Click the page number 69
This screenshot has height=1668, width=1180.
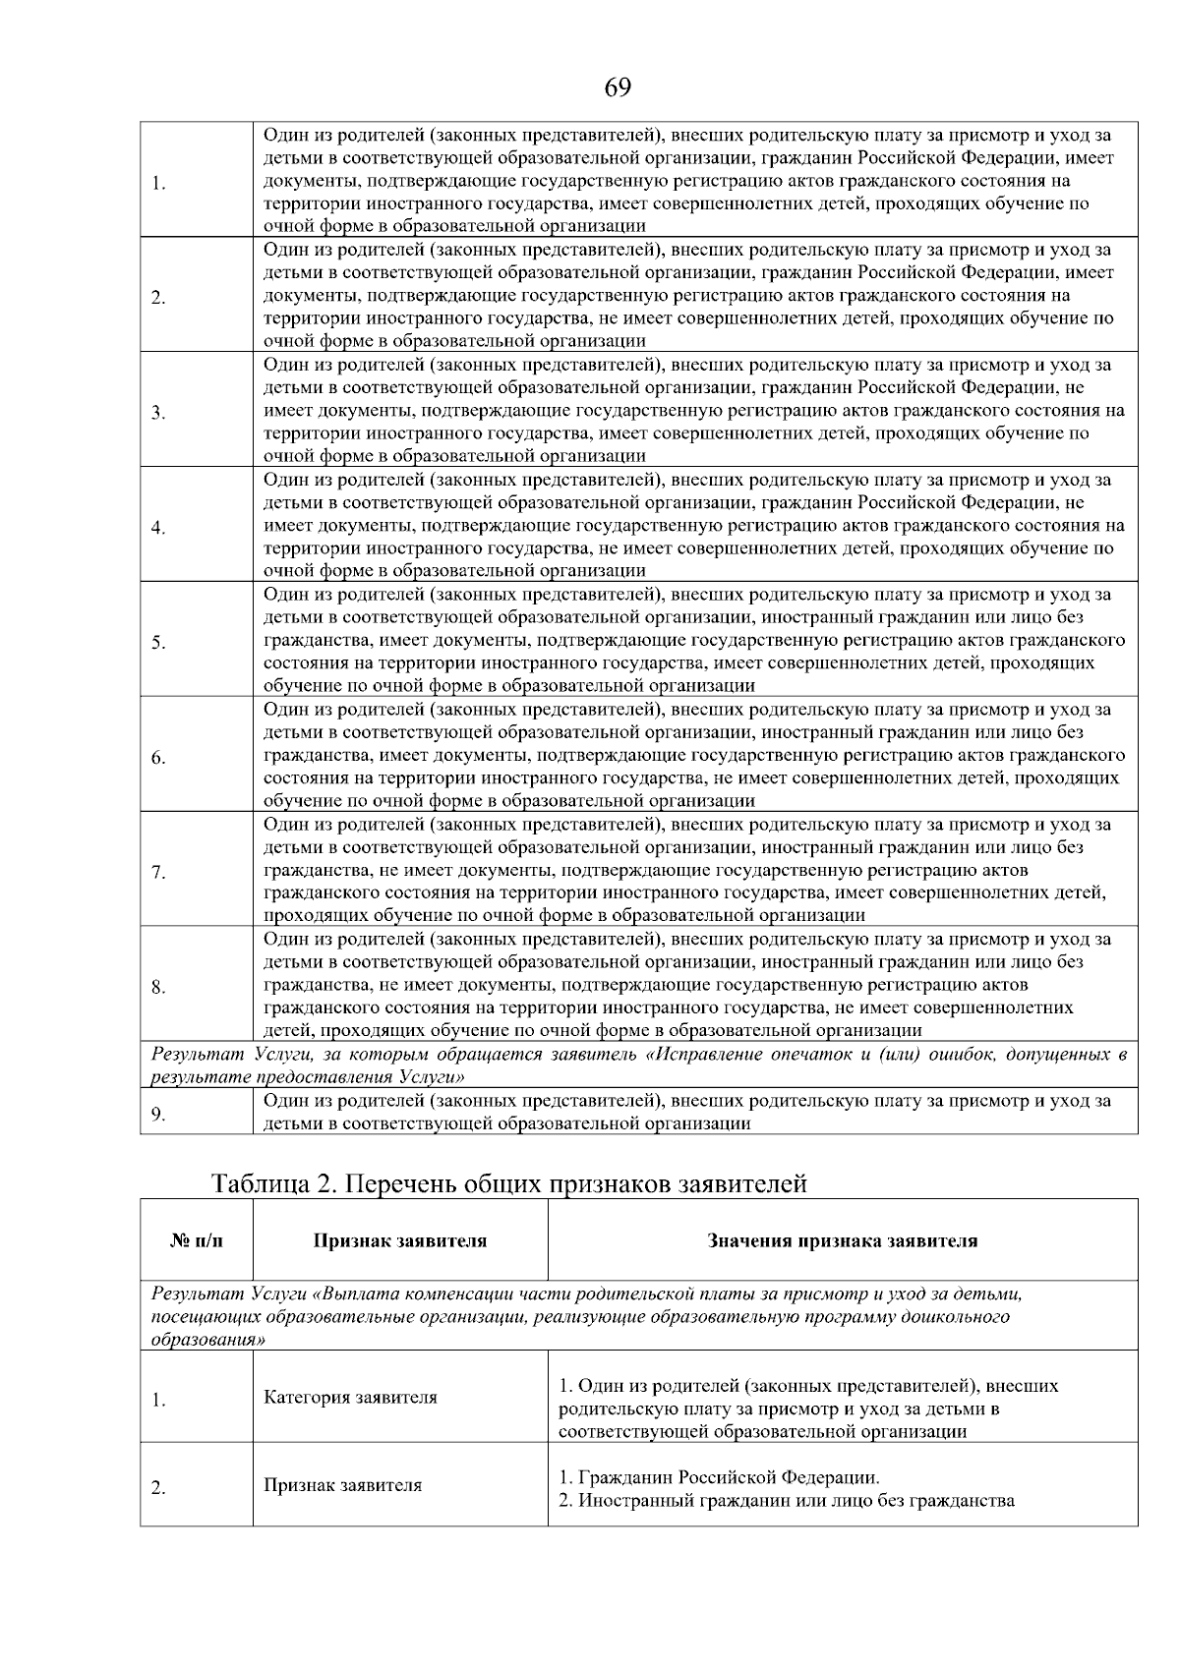point(618,88)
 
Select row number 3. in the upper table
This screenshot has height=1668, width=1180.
point(158,413)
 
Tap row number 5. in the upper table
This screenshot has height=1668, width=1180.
point(158,643)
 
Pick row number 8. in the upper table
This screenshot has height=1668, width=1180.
point(158,988)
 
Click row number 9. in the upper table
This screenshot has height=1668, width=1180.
point(158,1114)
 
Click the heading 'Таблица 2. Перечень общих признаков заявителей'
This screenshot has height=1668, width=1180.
point(509,1183)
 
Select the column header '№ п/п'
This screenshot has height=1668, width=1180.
point(197,1240)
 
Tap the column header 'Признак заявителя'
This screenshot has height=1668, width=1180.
point(399,1240)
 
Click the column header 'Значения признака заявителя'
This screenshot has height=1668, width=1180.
point(843,1240)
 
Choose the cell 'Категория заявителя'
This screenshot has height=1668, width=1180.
point(350,1397)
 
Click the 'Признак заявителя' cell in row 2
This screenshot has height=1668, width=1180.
point(342,1485)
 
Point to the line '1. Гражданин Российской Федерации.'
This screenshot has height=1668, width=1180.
point(719,1477)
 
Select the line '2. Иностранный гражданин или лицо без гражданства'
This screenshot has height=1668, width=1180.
point(786,1501)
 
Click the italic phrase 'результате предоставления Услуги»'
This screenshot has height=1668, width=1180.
point(307,1076)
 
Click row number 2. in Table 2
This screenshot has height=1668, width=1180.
point(158,1488)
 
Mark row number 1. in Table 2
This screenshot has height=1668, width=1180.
point(158,1400)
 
